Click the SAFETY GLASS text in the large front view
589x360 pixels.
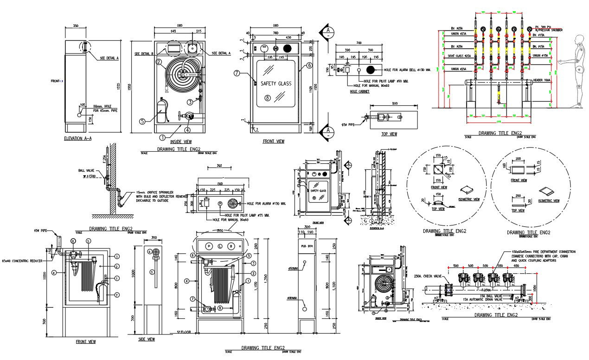point(275,84)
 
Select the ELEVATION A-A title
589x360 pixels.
point(78,138)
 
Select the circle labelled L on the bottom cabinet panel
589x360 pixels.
point(220,246)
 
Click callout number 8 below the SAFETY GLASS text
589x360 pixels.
point(267,97)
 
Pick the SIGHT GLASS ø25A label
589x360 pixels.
point(460,55)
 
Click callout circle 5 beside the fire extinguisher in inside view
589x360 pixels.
point(143,121)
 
